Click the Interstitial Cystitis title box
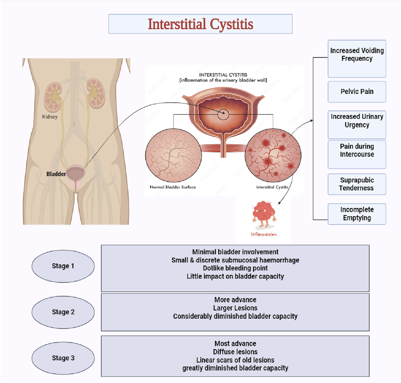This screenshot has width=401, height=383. click(200, 24)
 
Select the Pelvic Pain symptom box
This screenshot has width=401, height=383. click(357, 92)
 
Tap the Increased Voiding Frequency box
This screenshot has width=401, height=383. click(357, 59)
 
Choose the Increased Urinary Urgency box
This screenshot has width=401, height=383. click(357, 124)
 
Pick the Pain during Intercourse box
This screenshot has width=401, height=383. click(357, 154)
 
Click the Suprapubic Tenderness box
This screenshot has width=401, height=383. click(357, 184)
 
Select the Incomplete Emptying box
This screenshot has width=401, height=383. click(357, 214)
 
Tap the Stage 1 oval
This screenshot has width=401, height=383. click(63, 266)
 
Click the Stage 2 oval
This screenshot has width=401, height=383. click(63, 312)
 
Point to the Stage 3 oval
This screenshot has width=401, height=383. click(63, 358)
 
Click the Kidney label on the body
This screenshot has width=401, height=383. click(50, 117)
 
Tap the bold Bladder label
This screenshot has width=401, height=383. click(56, 174)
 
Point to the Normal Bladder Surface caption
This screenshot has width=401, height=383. click(173, 187)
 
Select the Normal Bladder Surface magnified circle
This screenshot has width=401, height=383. click(173, 155)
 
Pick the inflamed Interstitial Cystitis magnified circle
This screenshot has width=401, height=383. click(273, 155)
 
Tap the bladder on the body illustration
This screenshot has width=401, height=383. click(76, 173)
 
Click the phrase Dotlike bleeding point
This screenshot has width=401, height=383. click(235, 268)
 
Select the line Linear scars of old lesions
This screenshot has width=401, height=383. click(235, 360)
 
